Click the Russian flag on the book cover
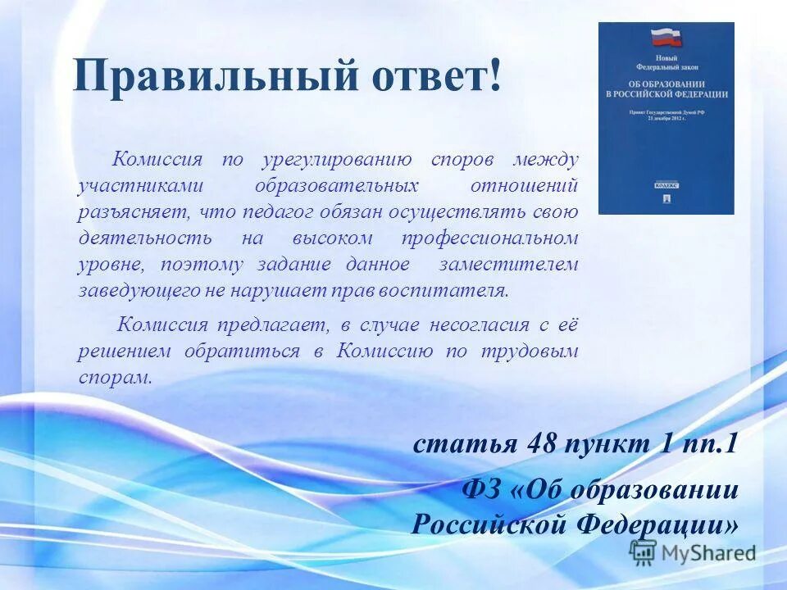(666, 38)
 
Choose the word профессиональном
(489, 238)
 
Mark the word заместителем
(508, 265)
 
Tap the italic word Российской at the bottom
(482, 524)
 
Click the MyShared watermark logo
(694, 552)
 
